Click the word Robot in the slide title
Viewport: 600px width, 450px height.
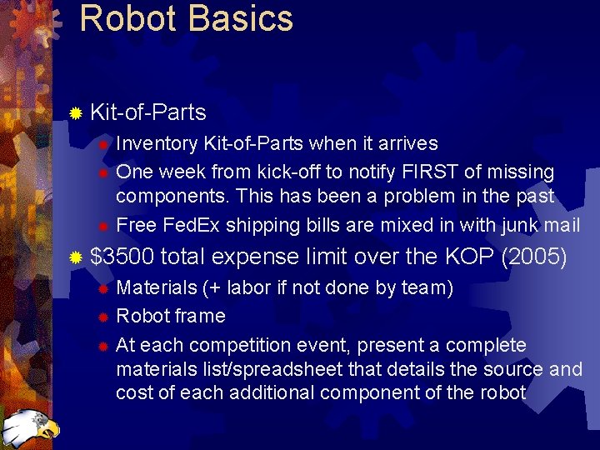tap(127, 18)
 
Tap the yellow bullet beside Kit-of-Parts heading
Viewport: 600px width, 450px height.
tap(76, 112)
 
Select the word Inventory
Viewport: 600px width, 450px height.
tap(157, 144)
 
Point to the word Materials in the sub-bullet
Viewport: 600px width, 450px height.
tap(156, 288)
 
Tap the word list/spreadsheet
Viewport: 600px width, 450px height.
tap(275, 369)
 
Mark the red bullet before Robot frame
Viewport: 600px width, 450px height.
tap(102, 317)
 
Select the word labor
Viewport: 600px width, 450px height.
tap(248, 288)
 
